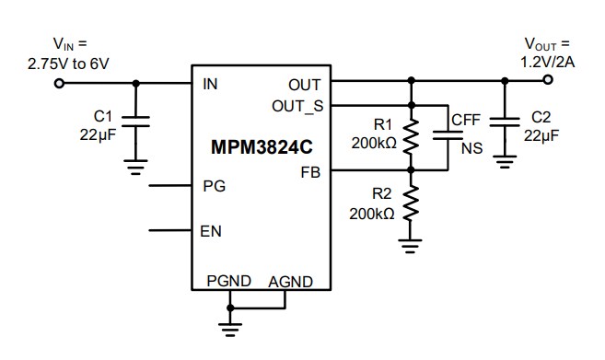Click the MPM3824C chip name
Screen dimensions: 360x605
click(x=260, y=146)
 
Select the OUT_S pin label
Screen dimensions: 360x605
click(x=297, y=105)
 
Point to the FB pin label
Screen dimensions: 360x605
click(x=311, y=171)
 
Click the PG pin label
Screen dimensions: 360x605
click(x=213, y=185)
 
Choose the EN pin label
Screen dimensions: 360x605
click(x=211, y=230)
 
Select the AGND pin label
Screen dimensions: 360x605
click(x=291, y=282)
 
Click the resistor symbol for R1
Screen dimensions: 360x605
click(x=412, y=137)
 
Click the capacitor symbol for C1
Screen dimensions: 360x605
click(x=136, y=124)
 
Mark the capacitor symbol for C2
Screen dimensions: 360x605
click(x=504, y=124)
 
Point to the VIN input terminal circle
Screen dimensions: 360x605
click(x=60, y=83)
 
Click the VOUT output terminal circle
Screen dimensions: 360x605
click(x=549, y=81)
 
